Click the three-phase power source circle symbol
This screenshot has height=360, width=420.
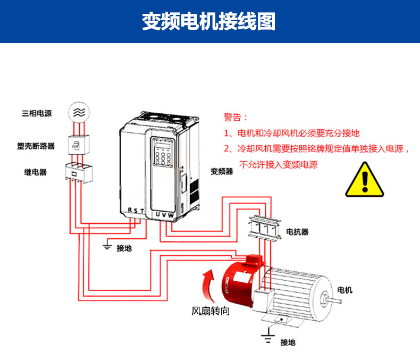pyautogui.click(x=79, y=112)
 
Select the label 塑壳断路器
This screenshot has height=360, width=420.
pyautogui.click(x=36, y=145)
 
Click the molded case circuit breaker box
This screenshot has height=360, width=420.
pyautogui.click(x=78, y=145)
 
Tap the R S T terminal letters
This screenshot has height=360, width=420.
pyautogui.click(x=136, y=211)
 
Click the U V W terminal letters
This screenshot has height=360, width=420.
pyautogui.click(x=164, y=214)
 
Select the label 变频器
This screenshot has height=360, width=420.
pyautogui.click(x=222, y=171)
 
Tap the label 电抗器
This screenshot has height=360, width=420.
pyautogui.click(x=298, y=232)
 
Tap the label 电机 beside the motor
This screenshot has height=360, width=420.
pyautogui.click(x=345, y=290)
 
